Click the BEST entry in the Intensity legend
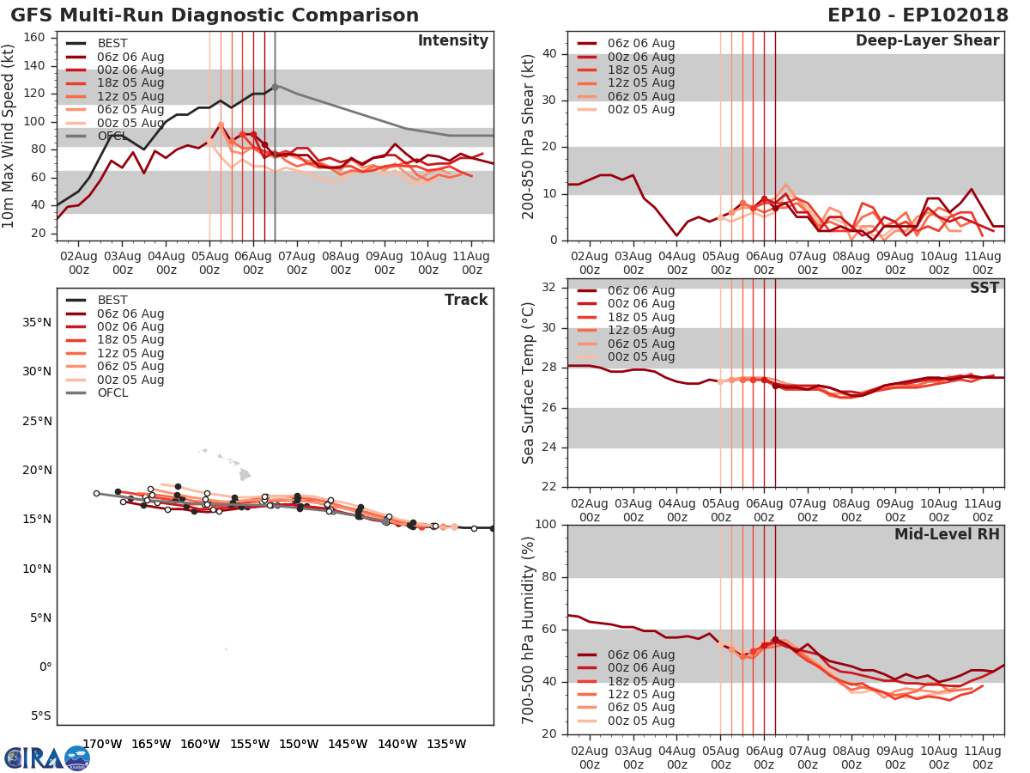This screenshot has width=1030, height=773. tap(112, 44)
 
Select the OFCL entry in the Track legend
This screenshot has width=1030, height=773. tap(112, 393)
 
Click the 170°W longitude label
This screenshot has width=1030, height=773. tap(102, 744)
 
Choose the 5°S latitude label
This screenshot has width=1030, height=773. tap(39, 715)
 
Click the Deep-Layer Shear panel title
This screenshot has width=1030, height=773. tap(927, 41)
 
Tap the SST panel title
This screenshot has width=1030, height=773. tap(984, 288)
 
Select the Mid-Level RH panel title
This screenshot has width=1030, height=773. tap(946, 534)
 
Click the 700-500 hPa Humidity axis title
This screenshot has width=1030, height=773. tap(529, 630)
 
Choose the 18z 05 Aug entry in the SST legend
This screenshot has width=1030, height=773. tap(640, 317)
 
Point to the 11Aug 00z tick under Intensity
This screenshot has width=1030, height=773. tap(471, 263)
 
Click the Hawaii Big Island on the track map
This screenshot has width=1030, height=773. tap(245, 474)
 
